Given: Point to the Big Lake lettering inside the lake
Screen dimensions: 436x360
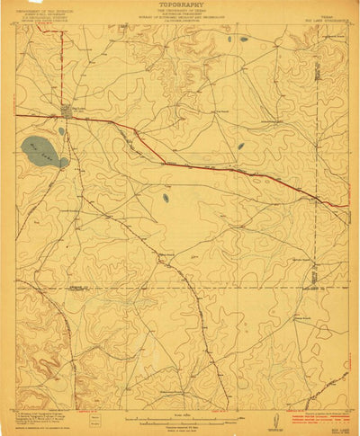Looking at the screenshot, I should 41,146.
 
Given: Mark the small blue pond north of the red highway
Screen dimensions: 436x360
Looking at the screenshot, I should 241,147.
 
